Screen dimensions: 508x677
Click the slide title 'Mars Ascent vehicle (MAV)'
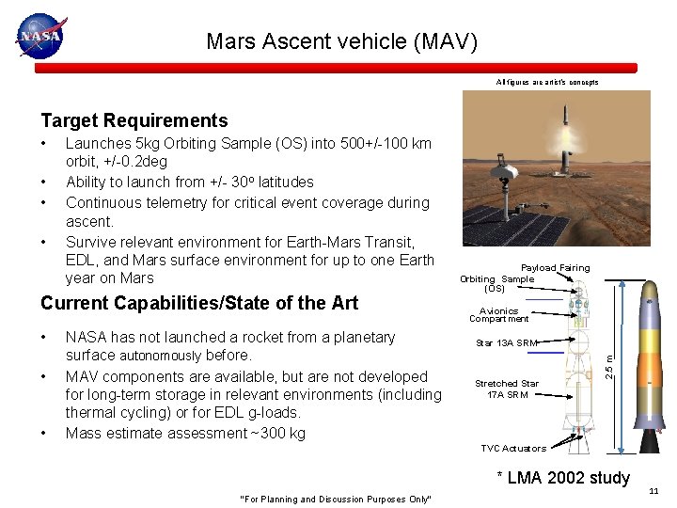[x=342, y=41]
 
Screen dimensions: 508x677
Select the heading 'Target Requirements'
[x=134, y=120]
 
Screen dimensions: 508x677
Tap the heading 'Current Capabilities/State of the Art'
[x=198, y=302]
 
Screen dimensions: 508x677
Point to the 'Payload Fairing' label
[x=556, y=268]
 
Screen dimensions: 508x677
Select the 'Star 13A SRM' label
[x=506, y=343]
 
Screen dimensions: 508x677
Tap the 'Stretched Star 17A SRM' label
[x=507, y=389]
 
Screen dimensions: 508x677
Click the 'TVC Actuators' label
[x=513, y=449]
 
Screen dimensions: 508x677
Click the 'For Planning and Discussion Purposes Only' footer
[x=336, y=499]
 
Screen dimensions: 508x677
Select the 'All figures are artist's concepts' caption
[x=547, y=83]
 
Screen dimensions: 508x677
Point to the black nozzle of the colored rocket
[x=649, y=437]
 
